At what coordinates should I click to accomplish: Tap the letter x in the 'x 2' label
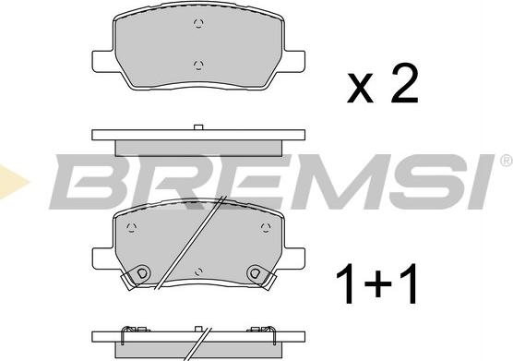tap(361, 90)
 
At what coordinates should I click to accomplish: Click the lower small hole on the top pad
tap(198, 64)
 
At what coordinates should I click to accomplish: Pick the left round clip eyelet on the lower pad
tap(141, 272)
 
